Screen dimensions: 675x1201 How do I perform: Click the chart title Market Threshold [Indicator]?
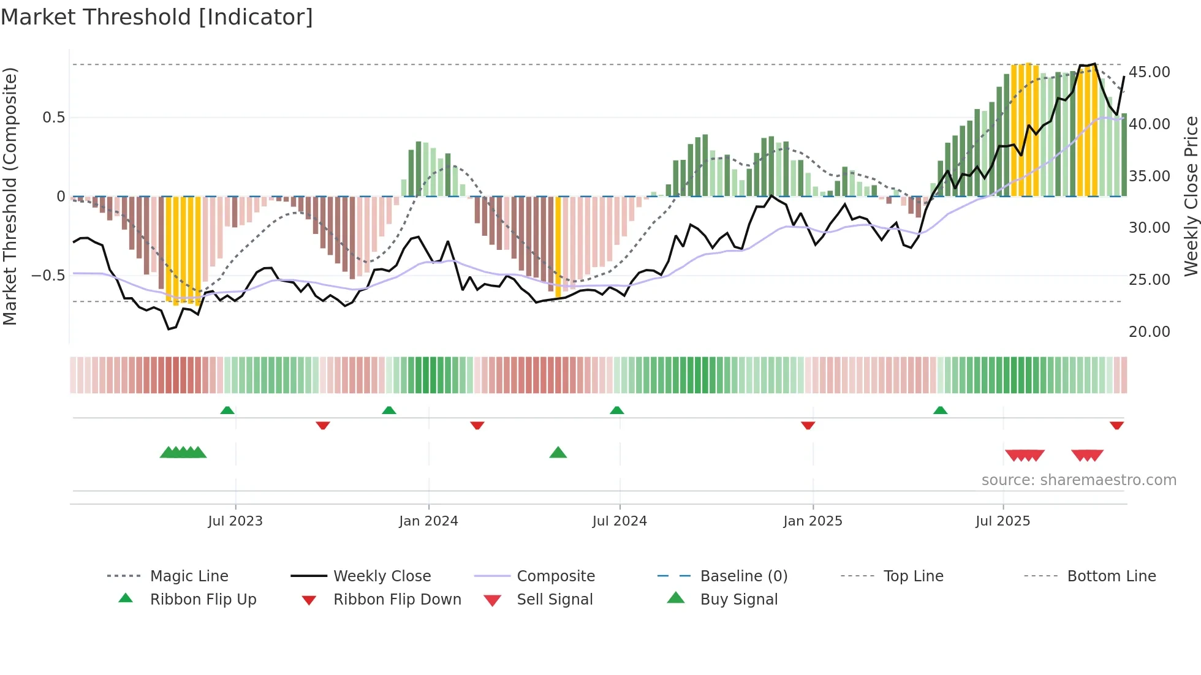[157, 17]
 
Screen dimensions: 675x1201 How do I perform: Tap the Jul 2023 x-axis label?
[235, 521]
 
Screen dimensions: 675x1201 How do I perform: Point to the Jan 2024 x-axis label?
[428, 521]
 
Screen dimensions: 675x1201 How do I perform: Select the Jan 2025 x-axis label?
[813, 521]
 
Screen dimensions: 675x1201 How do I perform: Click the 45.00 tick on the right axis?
[1149, 72]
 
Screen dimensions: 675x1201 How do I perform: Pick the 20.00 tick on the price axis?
[1149, 332]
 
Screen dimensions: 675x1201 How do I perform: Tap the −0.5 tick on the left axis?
[48, 276]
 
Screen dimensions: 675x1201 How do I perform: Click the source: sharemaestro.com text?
[1078, 480]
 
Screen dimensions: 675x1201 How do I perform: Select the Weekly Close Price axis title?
[1191, 196]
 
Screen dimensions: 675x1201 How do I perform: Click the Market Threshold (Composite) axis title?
[10, 196]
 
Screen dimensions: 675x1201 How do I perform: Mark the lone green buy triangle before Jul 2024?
[558, 453]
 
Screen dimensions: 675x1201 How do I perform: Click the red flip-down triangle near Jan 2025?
[808, 425]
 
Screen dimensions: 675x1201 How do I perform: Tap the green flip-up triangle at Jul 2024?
[616, 410]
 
